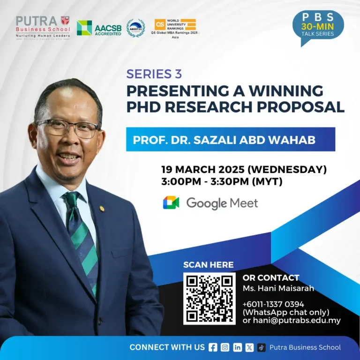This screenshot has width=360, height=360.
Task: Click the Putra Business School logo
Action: [x=43, y=27]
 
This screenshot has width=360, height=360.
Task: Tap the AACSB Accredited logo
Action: [x=99, y=28]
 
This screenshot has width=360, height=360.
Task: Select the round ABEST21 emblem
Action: [x=136, y=28]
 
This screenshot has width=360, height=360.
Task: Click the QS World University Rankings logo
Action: [x=175, y=27]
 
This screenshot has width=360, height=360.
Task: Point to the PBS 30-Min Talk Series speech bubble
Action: [x=318, y=25]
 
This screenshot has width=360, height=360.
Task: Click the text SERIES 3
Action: [x=154, y=74]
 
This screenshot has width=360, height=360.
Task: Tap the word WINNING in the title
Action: [x=285, y=90]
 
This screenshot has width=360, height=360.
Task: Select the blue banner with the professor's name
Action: [x=230, y=139]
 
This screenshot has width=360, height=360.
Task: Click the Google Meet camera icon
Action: [x=171, y=203]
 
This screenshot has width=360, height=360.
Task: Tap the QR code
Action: [x=209, y=298]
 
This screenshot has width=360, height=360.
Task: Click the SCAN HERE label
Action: [x=208, y=265]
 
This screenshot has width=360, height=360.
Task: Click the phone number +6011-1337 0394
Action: [x=273, y=304]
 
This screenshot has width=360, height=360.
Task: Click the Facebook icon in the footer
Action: [x=213, y=347]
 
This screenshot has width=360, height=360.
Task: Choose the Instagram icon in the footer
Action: [x=225, y=347]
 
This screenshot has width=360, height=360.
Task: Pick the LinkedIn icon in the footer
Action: [x=237, y=347]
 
